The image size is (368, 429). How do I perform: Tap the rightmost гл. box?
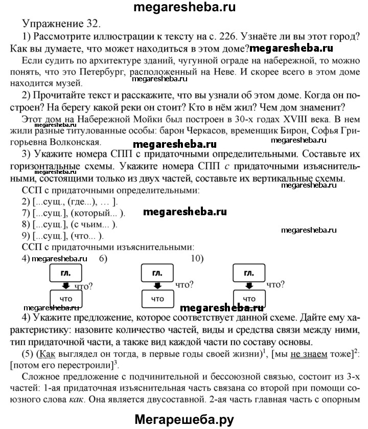click(248, 273)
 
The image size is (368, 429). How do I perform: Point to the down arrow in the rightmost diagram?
click(248, 285)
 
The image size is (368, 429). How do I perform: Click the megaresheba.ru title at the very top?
click(183, 7)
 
